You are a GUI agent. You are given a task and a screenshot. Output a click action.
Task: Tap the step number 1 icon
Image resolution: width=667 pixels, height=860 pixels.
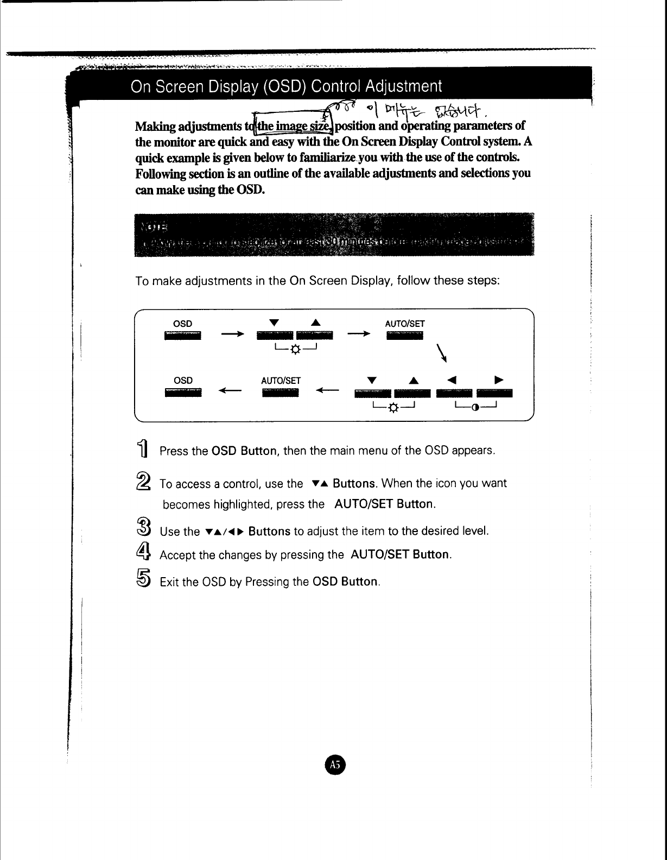[x=142, y=450]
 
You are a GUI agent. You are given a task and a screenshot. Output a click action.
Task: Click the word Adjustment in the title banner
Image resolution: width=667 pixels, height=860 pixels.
[x=403, y=86]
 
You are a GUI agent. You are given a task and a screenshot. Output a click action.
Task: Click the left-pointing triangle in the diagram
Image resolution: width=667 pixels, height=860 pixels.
[x=453, y=380]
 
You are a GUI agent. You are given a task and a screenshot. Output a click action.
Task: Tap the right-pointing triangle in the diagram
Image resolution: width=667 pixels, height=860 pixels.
[x=499, y=380]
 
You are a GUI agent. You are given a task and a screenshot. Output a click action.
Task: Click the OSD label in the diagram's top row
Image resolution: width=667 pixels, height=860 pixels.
[x=182, y=324]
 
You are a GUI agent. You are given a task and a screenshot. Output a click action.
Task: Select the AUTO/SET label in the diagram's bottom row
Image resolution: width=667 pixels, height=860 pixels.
[x=281, y=381]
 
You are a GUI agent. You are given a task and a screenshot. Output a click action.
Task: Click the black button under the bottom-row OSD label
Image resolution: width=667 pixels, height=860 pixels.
[x=182, y=392]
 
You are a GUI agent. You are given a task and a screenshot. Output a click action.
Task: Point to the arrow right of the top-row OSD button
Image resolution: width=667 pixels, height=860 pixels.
[x=232, y=334]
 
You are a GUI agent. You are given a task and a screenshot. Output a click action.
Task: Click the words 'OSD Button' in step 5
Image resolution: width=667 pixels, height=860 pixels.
[x=345, y=582]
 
